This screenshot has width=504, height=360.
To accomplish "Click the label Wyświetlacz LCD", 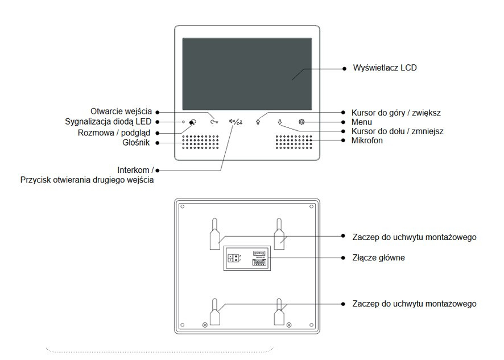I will [x=385, y=68].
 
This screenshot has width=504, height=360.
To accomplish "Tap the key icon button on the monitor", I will [x=213, y=121].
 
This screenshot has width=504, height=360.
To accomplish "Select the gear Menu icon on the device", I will [x=301, y=121].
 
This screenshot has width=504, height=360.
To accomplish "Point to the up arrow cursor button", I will [x=258, y=121].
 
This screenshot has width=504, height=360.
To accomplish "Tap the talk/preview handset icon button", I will [x=193, y=122].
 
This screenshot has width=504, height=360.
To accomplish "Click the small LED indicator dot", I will [x=183, y=122].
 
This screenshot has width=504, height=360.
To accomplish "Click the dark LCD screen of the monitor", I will [x=246, y=74].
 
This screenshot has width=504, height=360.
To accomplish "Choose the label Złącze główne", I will [x=378, y=258].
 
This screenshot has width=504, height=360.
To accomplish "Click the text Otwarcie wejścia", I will [x=121, y=111].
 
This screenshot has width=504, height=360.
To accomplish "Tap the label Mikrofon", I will [x=367, y=140].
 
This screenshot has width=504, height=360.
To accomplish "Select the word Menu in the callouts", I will [x=362, y=122].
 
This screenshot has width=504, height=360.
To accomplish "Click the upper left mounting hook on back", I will [x=214, y=235].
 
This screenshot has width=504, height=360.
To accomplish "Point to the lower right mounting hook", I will [x=279, y=312].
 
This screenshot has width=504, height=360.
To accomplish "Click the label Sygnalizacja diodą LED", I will [x=109, y=122].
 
